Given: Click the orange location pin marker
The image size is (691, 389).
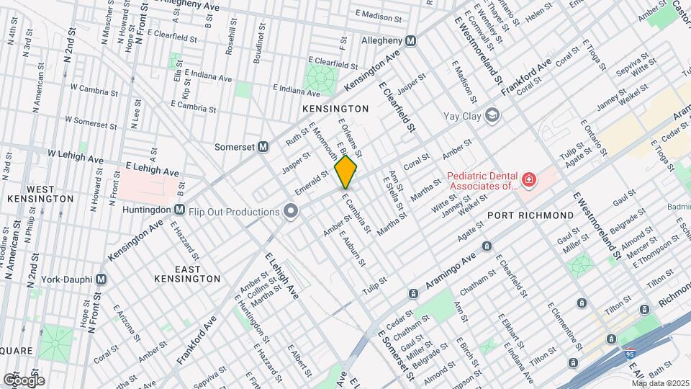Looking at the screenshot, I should pyautogui.click(x=346, y=172).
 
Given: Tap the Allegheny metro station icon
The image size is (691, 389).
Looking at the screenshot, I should pyautogui.click(x=410, y=41).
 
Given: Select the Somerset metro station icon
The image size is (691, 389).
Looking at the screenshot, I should pyautogui.click(x=263, y=146).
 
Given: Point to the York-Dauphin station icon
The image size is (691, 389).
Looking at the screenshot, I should pyautogui.click(x=101, y=279).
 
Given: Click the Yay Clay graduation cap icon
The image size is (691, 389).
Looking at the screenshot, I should pyautogui.click(x=492, y=114).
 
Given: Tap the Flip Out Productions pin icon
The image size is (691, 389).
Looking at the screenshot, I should pyautogui.click(x=291, y=211).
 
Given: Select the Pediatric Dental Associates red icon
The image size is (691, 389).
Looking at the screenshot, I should pyautogui.click(x=529, y=179).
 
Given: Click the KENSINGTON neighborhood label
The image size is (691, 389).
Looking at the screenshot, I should pyautogui.click(x=335, y=109).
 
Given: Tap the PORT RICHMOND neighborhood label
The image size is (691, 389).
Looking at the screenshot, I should pyautogui.click(x=530, y=215).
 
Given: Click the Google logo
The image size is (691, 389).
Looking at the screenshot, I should pyautogui.click(x=23, y=380).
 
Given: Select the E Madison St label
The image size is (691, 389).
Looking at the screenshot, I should pyautogui.click(x=381, y=14).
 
